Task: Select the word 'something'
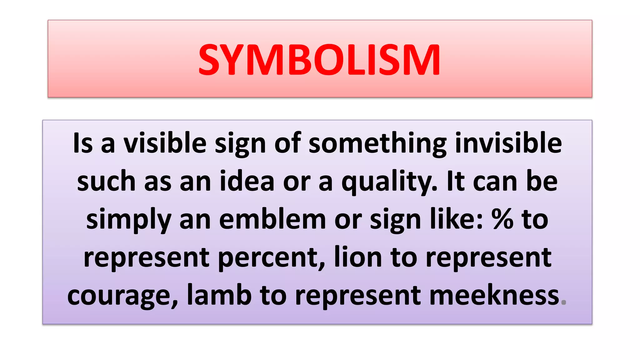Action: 377,144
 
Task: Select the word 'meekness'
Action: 494,295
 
